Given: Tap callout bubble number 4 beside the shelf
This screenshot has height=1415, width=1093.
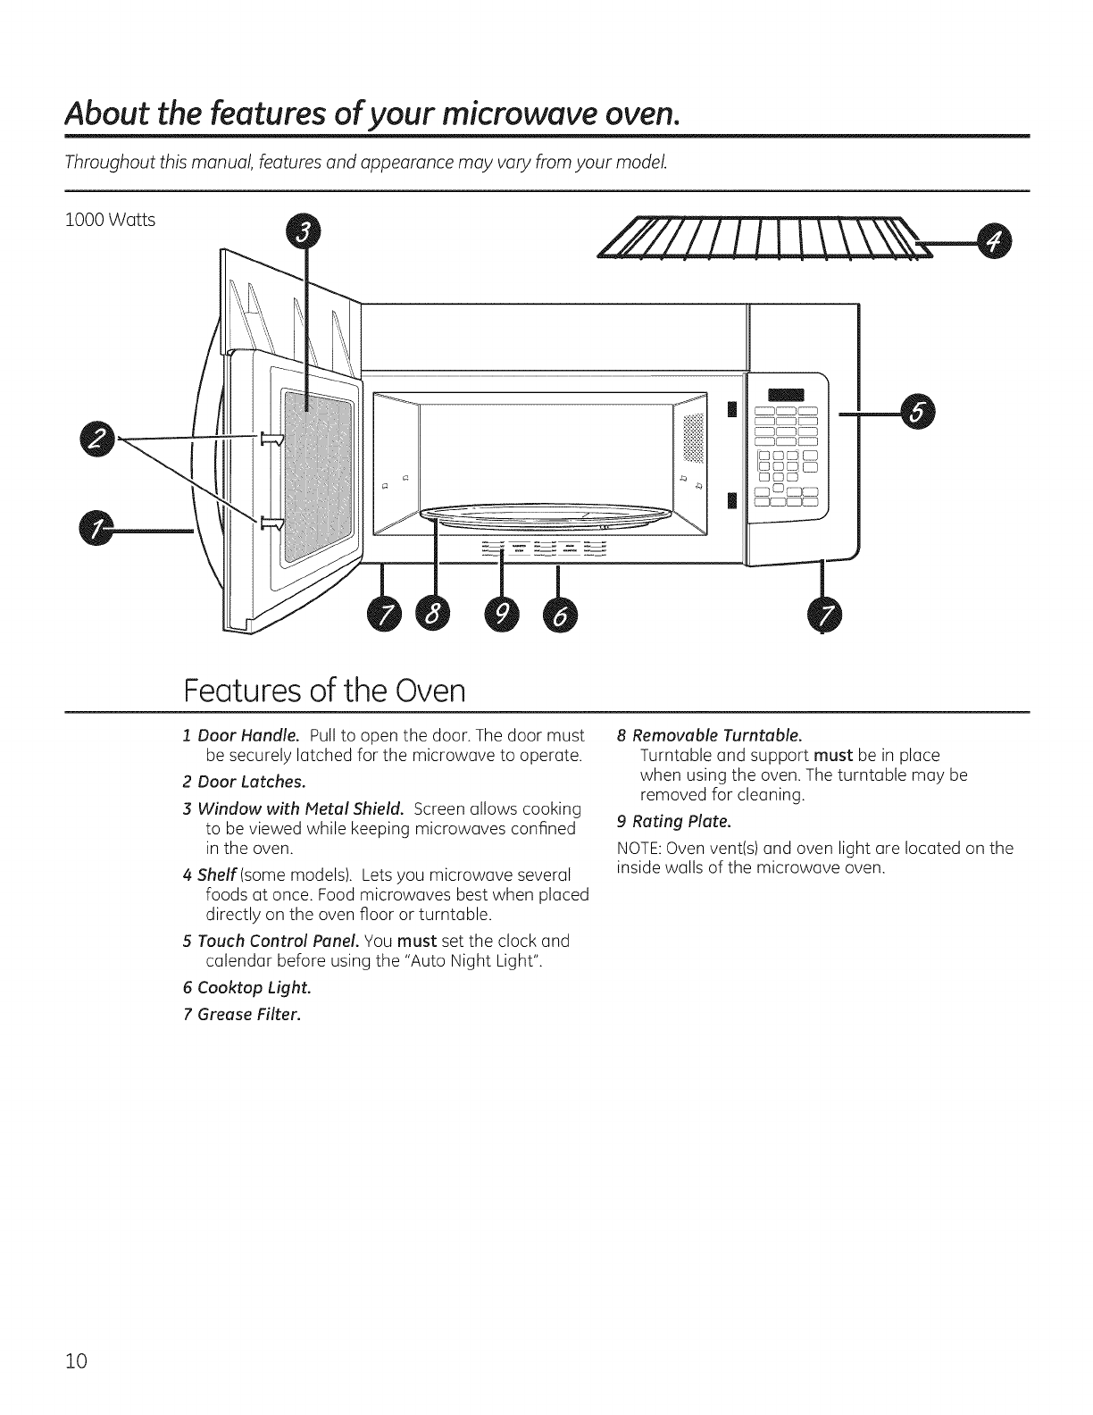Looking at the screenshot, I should point(992,240).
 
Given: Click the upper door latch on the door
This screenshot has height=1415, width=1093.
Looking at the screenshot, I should point(271,438).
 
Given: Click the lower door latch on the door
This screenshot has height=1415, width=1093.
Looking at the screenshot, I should point(271,522).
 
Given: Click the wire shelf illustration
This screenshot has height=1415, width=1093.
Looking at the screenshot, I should point(759,240).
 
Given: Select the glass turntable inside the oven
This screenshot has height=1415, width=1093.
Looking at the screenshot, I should point(546,516).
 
